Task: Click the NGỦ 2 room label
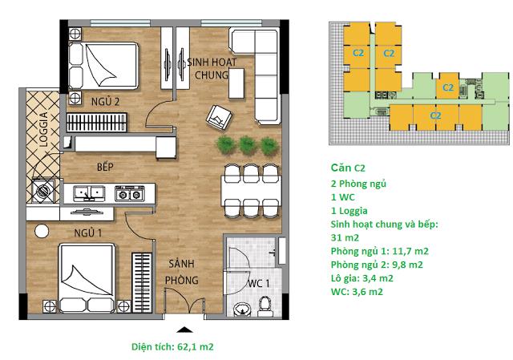[106, 102]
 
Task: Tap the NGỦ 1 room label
[83, 233]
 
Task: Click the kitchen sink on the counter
[87, 192]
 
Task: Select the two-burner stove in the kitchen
[129, 193]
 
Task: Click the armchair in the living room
[218, 118]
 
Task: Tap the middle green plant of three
[248, 144]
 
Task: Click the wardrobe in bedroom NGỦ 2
[91, 122]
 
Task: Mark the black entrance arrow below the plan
[184, 329]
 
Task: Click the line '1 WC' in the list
[342, 197]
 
